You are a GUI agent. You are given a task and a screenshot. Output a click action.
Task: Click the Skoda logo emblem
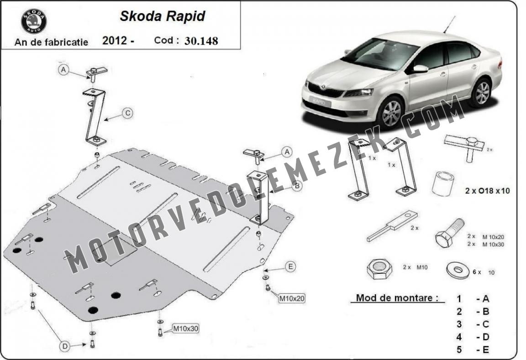(x=34, y=21)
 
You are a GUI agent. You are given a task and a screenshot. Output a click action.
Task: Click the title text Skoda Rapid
(x=163, y=16)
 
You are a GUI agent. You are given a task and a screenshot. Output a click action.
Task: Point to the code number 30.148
(x=201, y=41)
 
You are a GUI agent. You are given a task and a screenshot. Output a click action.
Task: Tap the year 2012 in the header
(x=115, y=41)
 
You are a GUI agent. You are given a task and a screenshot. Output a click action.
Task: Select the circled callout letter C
(x=127, y=113)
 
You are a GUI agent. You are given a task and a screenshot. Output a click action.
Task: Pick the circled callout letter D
(x=65, y=346)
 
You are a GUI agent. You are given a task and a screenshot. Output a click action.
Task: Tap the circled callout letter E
(x=290, y=266)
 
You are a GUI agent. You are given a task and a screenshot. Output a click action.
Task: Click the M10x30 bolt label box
(x=185, y=329)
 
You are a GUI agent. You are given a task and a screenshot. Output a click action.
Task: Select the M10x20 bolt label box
(x=292, y=298)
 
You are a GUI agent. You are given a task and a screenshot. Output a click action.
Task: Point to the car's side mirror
(x=420, y=69)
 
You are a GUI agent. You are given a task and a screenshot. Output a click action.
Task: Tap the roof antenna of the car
(x=449, y=25)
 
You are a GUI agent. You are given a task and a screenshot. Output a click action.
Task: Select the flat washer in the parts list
(x=458, y=270)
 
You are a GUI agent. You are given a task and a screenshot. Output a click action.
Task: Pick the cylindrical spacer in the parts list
(x=443, y=183)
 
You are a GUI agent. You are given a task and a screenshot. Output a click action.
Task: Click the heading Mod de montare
(x=397, y=297)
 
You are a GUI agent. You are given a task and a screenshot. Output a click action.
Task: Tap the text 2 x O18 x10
(x=488, y=191)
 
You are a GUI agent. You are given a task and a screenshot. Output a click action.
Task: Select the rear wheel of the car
(x=482, y=92)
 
